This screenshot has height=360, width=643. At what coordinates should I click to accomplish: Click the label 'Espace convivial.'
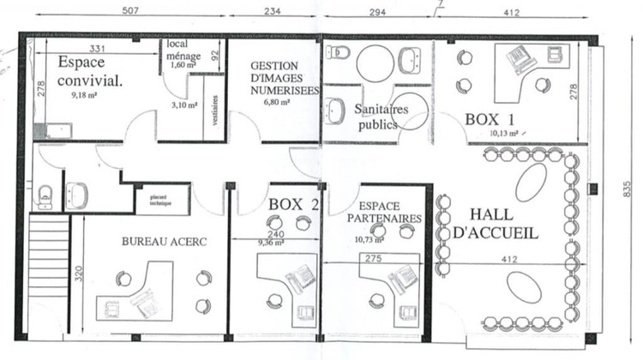[90, 72]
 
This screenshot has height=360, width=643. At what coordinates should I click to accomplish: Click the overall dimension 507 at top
[131, 11]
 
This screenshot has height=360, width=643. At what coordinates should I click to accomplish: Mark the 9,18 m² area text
[87, 97]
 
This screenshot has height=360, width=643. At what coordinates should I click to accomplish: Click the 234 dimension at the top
[272, 11]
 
